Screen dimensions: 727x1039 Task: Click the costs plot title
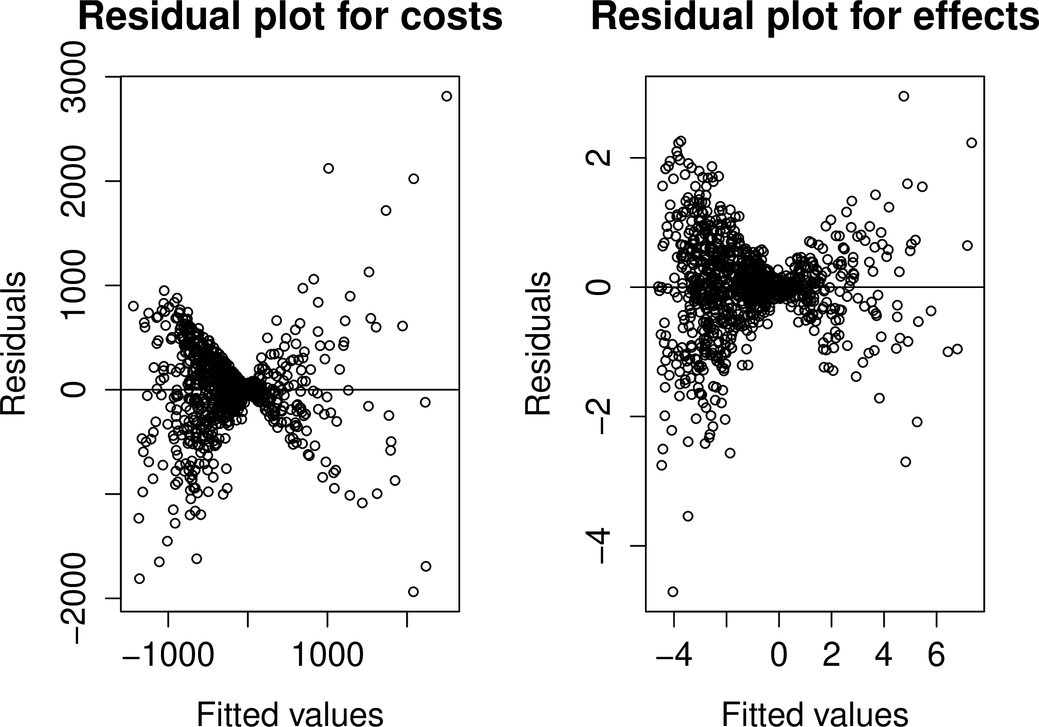[x=290, y=18]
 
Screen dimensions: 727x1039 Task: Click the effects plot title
[x=814, y=18]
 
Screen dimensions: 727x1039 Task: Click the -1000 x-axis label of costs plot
[x=168, y=655]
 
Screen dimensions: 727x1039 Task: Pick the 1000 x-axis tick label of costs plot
[x=327, y=655]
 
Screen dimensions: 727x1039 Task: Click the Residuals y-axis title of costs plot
[x=14, y=344]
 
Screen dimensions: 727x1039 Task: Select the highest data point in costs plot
[x=447, y=96]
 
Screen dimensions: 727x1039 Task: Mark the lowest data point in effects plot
[x=673, y=592]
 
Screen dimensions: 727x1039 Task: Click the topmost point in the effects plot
[x=904, y=96]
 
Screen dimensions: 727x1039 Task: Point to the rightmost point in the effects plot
[x=971, y=143]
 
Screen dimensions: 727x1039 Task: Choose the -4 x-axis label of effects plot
[x=673, y=655]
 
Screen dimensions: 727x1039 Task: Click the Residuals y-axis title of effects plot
[x=538, y=344]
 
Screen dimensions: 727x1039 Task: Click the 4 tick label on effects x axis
[x=884, y=655]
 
